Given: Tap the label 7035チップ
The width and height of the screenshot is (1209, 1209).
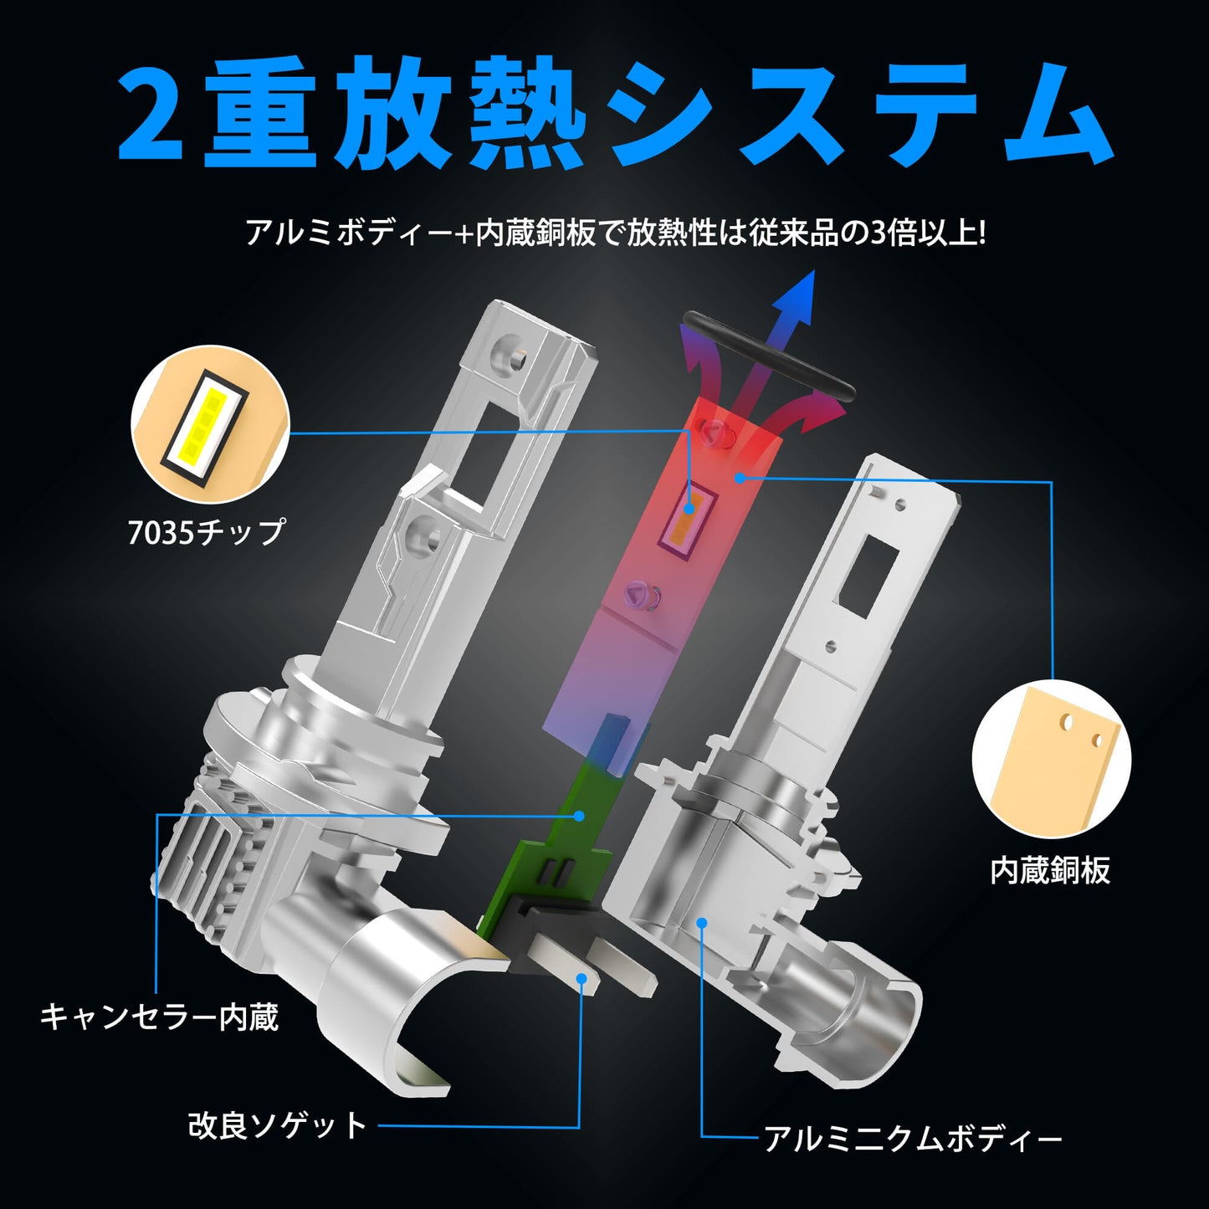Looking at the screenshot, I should pyautogui.click(x=206, y=532).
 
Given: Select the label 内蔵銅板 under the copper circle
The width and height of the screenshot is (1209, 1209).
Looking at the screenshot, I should pyautogui.click(x=1050, y=870).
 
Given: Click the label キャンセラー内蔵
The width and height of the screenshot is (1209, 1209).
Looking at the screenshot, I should pyautogui.click(x=159, y=1017).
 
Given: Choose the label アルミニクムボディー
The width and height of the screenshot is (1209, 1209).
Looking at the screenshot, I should pyautogui.click(x=913, y=1139).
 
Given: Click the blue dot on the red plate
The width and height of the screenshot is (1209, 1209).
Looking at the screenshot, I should pyautogui.click(x=739, y=478).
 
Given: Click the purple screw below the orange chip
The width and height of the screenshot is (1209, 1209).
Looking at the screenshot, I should pyautogui.click(x=638, y=595).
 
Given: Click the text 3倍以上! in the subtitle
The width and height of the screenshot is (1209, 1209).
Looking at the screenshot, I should pyautogui.click(x=928, y=233).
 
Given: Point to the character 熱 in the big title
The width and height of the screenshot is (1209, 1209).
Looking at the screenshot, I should pyautogui.click(x=525, y=115).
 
